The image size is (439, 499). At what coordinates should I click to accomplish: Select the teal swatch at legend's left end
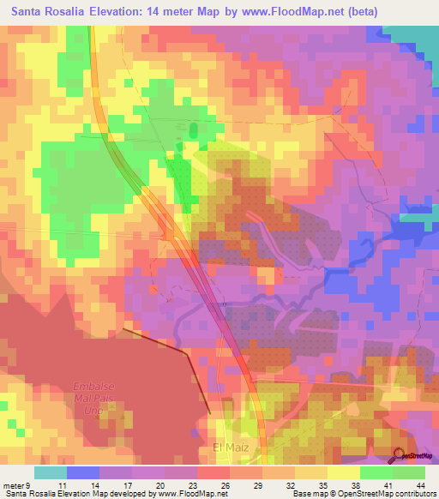pos(51,472)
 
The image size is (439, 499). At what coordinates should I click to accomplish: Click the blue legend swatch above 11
pos(83,472)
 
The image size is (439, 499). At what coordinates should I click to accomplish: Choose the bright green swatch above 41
pos(376,472)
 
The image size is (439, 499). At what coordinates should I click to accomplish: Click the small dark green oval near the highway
pos(193,130)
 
